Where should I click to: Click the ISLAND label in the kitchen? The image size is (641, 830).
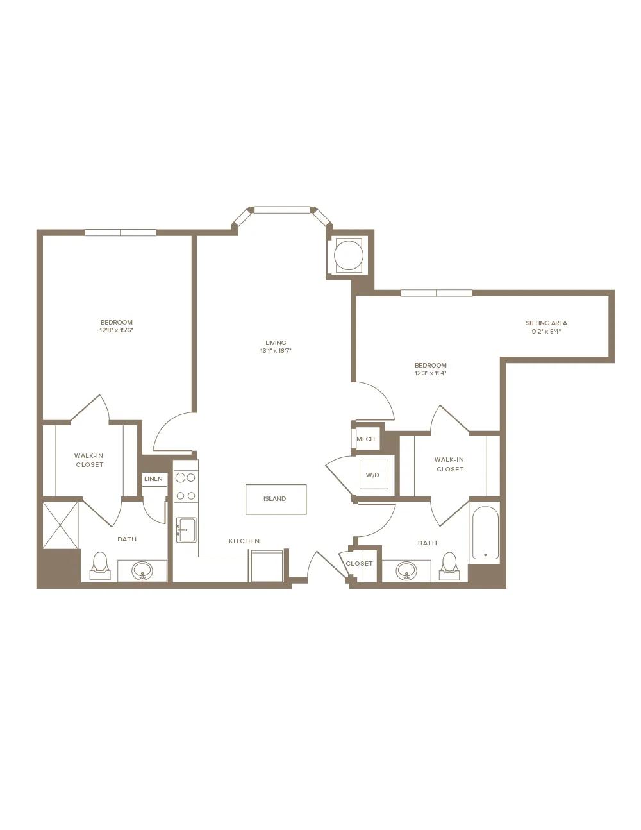click(x=274, y=498)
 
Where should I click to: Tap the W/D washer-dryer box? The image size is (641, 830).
click(x=374, y=475)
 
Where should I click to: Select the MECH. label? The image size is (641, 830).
click(x=366, y=439)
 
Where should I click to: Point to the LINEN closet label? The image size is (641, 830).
click(x=153, y=479)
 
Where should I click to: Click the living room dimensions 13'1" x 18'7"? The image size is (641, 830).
click(x=276, y=350)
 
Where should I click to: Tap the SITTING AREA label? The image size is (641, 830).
click(x=546, y=323)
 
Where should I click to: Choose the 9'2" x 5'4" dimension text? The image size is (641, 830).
click(x=546, y=331)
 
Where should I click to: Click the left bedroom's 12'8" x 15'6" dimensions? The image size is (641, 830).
click(x=117, y=330)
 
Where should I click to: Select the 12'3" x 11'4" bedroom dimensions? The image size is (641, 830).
click(x=430, y=373)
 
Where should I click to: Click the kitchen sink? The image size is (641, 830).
click(x=187, y=530)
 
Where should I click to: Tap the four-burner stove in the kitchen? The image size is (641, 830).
click(x=186, y=486)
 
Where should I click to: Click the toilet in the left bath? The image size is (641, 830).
click(x=101, y=565)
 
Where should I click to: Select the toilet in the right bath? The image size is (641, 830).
click(x=450, y=566)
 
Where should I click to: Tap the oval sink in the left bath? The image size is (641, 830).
click(x=142, y=571)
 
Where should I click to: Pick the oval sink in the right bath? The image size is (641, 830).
click(x=407, y=571)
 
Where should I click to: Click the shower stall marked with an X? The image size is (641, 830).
click(x=60, y=525)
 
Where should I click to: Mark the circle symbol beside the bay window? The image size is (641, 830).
click(x=347, y=255)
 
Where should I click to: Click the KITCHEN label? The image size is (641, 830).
click(x=244, y=541)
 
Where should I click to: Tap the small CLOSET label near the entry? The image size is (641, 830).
click(x=359, y=563)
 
